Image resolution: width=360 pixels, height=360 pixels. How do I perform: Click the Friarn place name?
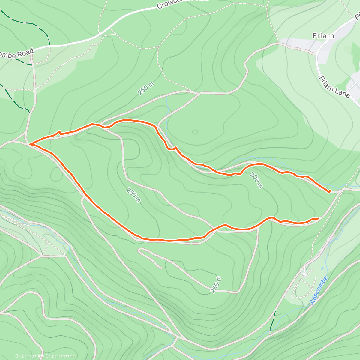coord(323,36)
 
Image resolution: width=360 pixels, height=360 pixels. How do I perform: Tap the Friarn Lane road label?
coord(334,87)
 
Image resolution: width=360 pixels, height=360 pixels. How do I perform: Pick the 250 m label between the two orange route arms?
coord(133,195)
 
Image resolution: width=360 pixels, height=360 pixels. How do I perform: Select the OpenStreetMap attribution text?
coord(62,356)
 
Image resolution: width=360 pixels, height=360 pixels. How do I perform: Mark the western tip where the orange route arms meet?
coord(30,145)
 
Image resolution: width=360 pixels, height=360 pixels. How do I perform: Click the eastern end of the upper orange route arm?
coord(330,191)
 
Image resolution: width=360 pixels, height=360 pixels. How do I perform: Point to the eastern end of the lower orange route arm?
coord(318,218)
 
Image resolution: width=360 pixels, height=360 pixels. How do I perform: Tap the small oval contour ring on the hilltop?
coord(195,132)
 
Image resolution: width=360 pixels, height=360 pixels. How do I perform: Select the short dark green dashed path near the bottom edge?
coord(272,322)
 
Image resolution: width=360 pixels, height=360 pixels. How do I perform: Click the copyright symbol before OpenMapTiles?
coord(17,356)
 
